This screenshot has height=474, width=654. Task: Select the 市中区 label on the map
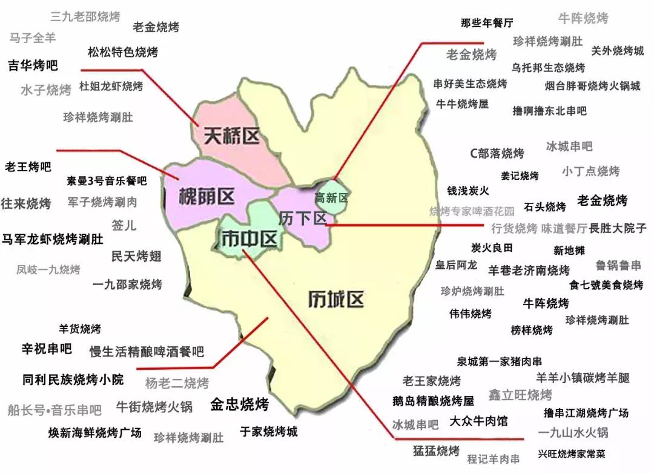click(x=249, y=239)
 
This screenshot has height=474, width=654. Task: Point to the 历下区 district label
click(x=302, y=219)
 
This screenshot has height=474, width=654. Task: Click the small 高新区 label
click(x=331, y=198)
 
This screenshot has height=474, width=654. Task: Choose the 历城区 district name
click(x=335, y=299)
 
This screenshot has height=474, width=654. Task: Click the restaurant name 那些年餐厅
click(x=487, y=23)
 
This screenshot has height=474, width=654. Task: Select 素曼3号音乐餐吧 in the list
click(x=107, y=180)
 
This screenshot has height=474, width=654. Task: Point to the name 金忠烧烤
click(x=239, y=404)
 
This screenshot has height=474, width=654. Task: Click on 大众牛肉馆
click(x=478, y=420)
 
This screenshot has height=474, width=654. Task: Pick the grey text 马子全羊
click(x=32, y=38)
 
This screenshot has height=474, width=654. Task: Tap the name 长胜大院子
click(x=618, y=228)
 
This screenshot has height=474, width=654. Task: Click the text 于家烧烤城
click(x=269, y=432)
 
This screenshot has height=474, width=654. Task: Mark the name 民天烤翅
click(x=136, y=256)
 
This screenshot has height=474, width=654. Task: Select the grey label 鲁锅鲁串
click(x=618, y=265)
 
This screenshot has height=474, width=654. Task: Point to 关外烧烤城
click(x=618, y=50)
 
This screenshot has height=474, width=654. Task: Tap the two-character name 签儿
click(x=124, y=225)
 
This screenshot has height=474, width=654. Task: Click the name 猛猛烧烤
click(x=436, y=450)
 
